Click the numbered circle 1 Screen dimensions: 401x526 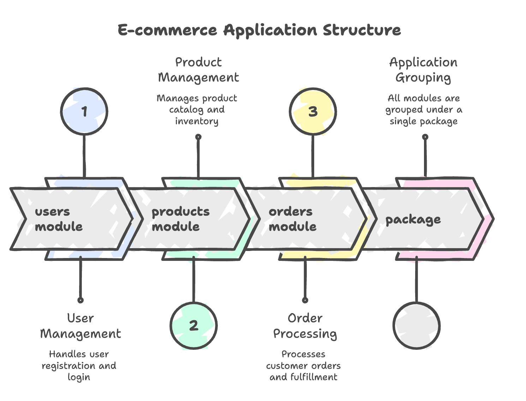(84, 112)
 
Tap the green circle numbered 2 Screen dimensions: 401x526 (193, 325)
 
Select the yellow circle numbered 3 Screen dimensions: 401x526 (313, 112)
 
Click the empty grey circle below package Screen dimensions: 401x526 (417, 325)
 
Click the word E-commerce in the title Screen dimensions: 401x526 (167, 30)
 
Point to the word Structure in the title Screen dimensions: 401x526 (362, 30)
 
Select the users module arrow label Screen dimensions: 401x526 (59, 219)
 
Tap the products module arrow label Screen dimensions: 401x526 (180, 219)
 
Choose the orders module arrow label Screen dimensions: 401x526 (292, 219)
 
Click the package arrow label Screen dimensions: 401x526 (413, 220)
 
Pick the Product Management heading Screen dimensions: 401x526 (198, 70)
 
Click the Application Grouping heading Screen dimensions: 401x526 (423, 70)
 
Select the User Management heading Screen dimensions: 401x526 (80, 326)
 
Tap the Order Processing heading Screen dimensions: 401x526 (305, 326)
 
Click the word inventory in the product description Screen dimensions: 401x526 (197, 121)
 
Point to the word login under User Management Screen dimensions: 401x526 (79, 377)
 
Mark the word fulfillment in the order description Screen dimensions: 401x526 (313, 377)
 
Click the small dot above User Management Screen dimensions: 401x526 (80, 300)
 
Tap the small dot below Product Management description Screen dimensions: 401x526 (198, 137)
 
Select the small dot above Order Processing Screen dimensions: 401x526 (305, 300)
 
